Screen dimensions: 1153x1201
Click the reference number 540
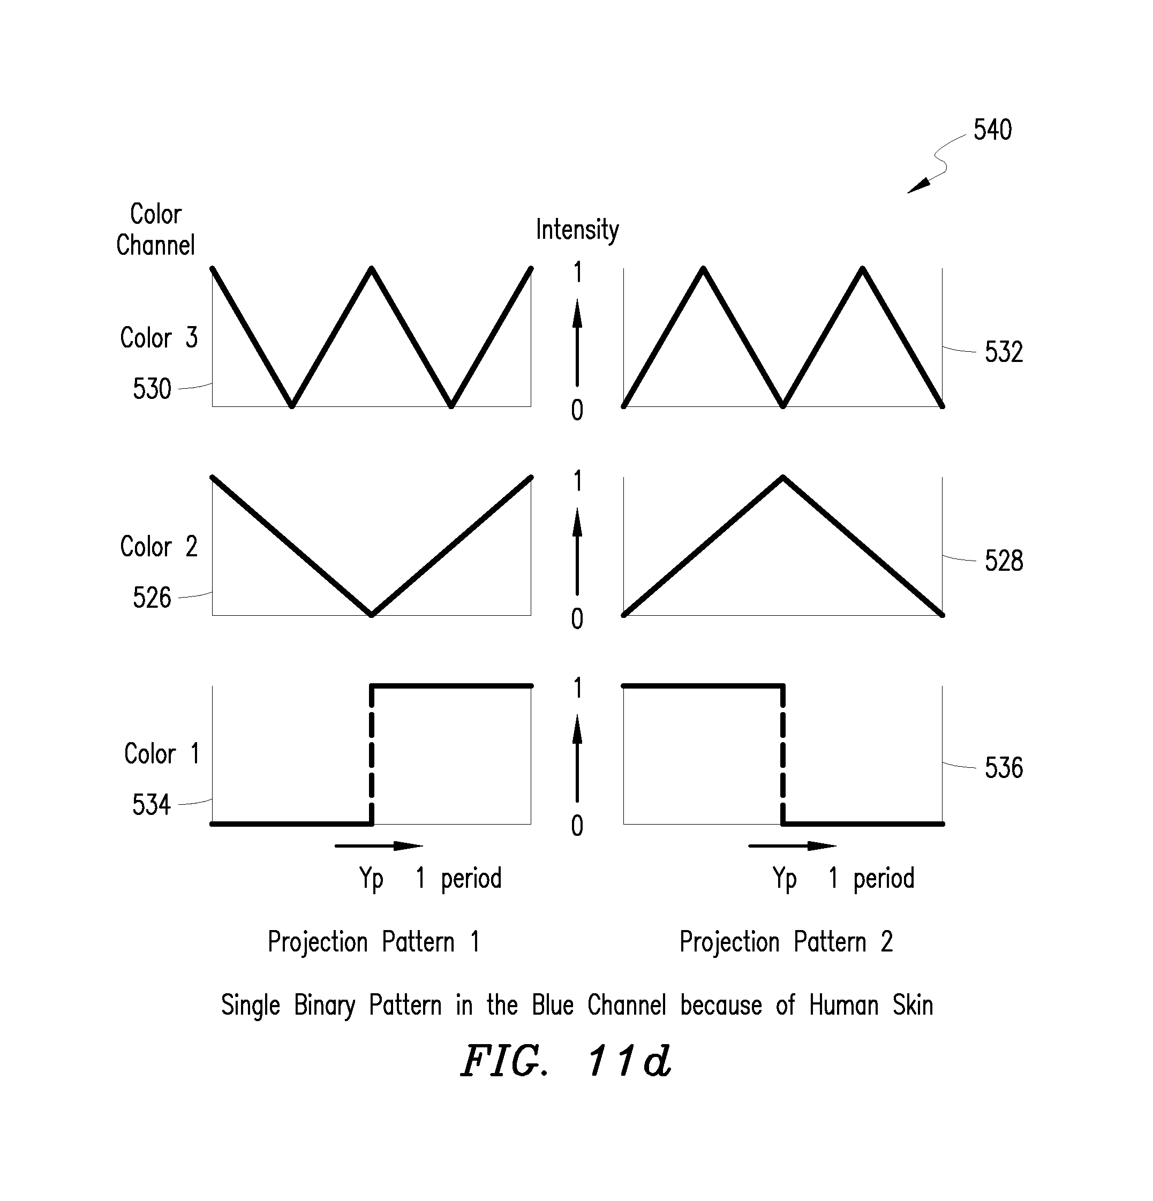[992, 130]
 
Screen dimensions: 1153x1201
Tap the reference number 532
[1004, 352]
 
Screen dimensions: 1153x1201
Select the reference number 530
[152, 389]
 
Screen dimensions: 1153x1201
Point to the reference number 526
[152, 598]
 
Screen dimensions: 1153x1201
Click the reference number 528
[1004, 561]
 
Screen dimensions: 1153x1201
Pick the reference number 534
[152, 805]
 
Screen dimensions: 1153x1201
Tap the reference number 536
[1004, 768]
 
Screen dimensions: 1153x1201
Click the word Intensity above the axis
[577, 230]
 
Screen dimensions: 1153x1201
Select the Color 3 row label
[159, 338]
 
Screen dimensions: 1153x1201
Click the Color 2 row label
[159, 547]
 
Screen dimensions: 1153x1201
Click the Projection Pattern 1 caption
[373, 942]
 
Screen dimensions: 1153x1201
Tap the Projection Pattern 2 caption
[786, 942]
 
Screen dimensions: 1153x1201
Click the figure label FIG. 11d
[566, 1061]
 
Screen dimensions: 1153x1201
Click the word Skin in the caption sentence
[913, 1005]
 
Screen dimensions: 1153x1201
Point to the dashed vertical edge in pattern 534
[372, 755]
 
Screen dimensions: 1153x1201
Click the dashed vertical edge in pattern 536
[783, 755]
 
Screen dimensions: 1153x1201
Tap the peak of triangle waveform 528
[783, 477]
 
